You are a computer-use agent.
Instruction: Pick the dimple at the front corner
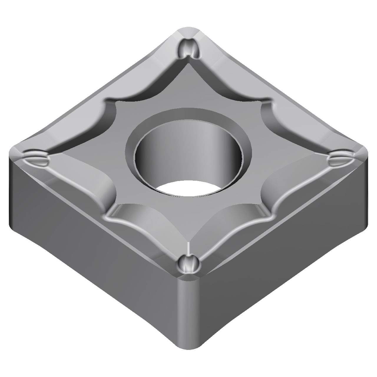188,264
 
